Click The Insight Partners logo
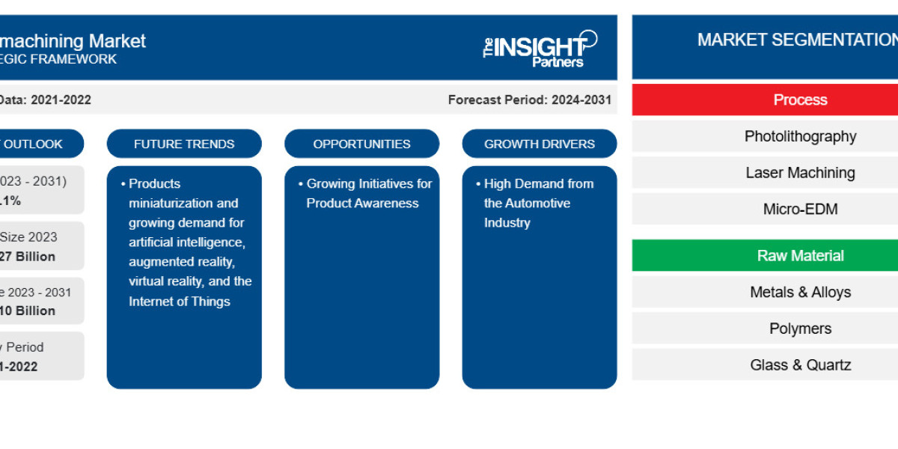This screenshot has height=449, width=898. pos(540,49)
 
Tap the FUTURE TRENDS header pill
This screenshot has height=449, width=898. pos(184,144)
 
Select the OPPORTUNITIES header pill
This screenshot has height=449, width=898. pos(361,144)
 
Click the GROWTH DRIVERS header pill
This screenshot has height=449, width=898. pos(539,144)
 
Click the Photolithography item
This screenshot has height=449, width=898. pos(800,136)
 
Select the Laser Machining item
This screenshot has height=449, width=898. pos(800,173)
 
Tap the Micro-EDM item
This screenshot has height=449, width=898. pos(800,210)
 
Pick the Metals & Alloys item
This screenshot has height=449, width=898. pos(800,293)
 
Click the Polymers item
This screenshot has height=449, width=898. pos(800,329)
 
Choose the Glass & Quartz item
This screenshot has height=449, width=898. pos(800,365)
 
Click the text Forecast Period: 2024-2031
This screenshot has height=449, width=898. pos(530,100)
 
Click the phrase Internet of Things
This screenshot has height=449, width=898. pos(179,302)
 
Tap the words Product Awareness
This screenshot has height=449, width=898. pos(362,203)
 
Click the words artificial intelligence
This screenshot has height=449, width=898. pos(186,242)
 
